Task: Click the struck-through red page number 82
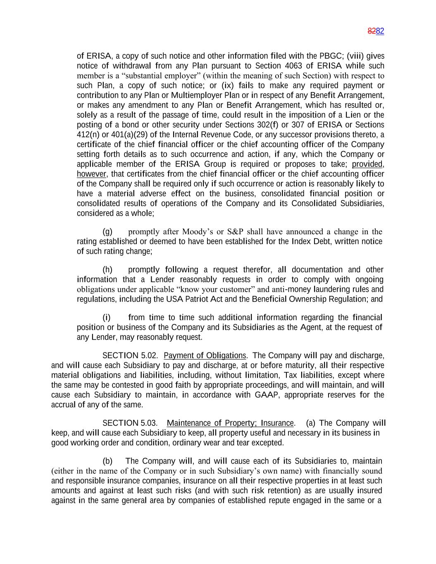point(372,31)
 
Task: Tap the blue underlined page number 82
point(380,31)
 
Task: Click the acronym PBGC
point(329,56)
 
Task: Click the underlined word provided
point(367,164)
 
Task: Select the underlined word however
point(91,174)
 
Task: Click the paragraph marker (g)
point(107,231)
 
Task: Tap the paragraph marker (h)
point(107,270)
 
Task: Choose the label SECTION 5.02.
point(130,356)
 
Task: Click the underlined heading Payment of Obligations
point(205,356)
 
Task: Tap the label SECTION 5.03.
point(130,423)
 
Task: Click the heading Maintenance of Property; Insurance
point(230,423)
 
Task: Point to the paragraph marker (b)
point(107,461)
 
